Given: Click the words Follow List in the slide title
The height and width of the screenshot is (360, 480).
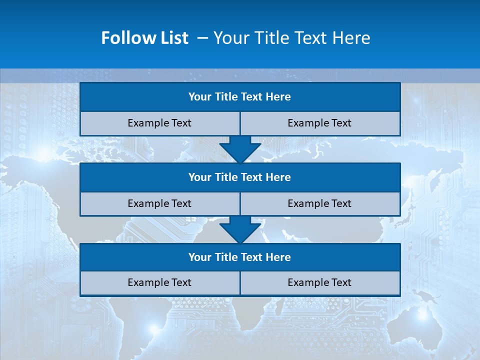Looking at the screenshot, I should pos(144,38).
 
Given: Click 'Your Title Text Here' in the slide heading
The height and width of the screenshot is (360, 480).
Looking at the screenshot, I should pos(291,38).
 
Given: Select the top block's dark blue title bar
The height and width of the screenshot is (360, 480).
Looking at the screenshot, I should pos(240,97).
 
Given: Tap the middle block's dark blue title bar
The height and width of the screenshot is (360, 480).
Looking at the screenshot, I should pos(240,177).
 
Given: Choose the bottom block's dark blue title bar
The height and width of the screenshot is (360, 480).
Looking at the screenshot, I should pos(240,257).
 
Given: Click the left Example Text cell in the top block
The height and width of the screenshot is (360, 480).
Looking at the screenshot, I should pos(159,123).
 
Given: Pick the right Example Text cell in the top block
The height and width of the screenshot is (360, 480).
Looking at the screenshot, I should pos(319,123).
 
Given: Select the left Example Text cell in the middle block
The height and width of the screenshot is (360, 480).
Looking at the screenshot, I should pos(159,203).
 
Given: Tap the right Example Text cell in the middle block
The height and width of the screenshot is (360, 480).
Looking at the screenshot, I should pos(319,203).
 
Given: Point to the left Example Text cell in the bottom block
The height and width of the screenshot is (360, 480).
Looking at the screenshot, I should pos(159,282).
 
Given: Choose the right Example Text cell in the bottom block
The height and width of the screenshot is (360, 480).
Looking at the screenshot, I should pos(319,282).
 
